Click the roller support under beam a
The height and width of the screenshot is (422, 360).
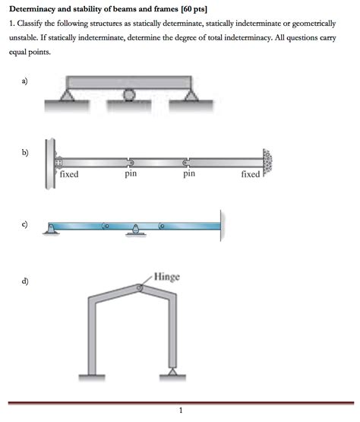coord(130,95)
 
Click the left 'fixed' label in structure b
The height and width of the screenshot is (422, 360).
coord(69,174)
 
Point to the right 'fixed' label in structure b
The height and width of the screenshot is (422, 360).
coord(250,174)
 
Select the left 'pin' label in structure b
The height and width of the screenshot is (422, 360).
coord(131,174)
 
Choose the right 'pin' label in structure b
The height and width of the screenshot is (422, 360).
coord(190,174)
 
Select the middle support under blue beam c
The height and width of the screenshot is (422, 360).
coord(135,231)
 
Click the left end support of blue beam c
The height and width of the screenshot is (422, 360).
coord(50,229)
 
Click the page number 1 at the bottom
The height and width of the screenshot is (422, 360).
coord(181,411)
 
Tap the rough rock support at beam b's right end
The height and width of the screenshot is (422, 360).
coord(267,161)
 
